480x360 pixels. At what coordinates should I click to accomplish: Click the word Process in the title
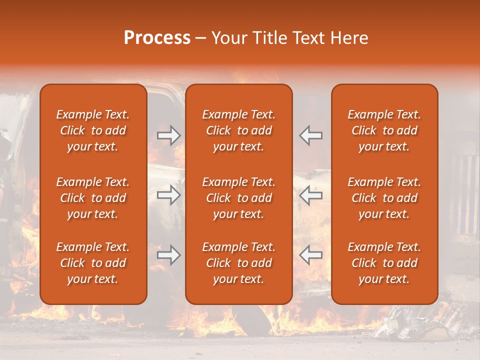pos(157,38)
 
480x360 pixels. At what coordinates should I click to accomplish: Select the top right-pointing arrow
pos(168,135)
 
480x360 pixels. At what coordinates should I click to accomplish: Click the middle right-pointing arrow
pos(168,195)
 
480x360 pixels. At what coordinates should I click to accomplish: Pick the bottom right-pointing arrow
pos(168,255)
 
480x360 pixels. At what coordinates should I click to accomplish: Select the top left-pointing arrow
pos(311,135)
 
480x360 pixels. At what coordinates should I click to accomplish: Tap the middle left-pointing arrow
pos(311,195)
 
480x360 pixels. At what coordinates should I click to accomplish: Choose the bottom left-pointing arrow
pos(311,255)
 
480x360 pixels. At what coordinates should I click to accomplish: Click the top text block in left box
pos(93,130)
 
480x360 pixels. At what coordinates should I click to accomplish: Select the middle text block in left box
pos(93,198)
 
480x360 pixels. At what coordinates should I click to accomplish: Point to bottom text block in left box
pos(93,263)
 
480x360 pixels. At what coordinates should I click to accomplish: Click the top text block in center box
pos(238,130)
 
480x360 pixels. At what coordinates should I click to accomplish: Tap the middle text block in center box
pos(238,198)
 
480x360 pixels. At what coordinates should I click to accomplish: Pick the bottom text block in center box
pos(238,263)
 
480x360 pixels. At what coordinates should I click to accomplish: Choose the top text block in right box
pos(384,130)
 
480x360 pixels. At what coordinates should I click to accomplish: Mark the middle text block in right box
pos(384,198)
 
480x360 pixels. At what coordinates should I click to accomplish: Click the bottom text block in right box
pos(384,263)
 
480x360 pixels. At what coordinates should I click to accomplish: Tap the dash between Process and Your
pos(201,38)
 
